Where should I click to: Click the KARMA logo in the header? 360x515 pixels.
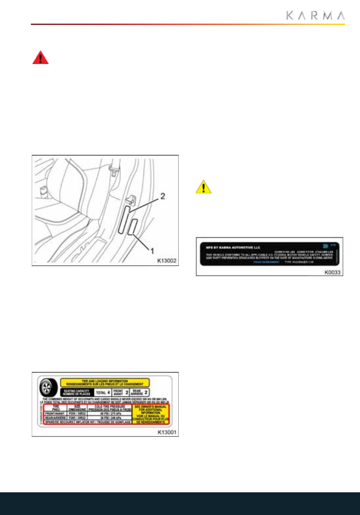[315, 15]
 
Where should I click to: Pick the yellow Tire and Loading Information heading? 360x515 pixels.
[105, 383]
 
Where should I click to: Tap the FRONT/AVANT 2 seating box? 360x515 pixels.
[121, 392]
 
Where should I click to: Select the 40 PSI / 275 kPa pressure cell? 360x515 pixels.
[109, 412]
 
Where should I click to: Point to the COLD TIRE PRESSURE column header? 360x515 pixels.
[109, 406]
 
